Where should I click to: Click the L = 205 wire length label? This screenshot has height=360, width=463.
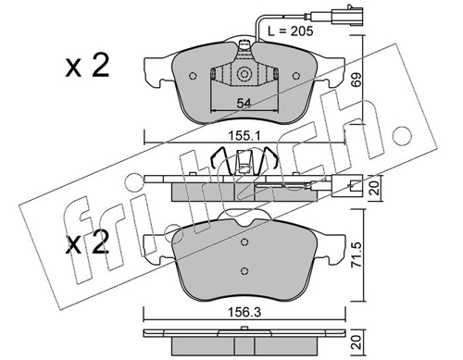pyautogui.click(x=291, y=31)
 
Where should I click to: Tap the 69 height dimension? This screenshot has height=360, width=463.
pyautogui.click(x=356, y=80)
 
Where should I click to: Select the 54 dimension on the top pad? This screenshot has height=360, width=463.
pyautogui.click(x=244, y=103)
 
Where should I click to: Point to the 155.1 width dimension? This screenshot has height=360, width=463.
pyautogui.click(x=244, y=135)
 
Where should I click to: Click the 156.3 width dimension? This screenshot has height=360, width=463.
pyautogui.click(x=244, y=312)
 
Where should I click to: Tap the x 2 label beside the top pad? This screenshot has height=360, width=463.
pyautogui.click(x=87, y=66)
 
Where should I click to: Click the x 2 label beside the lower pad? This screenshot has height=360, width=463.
pyautogui.click(x=87, y=243)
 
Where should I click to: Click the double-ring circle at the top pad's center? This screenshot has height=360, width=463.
pyautogui.click(x=244, y=74)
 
